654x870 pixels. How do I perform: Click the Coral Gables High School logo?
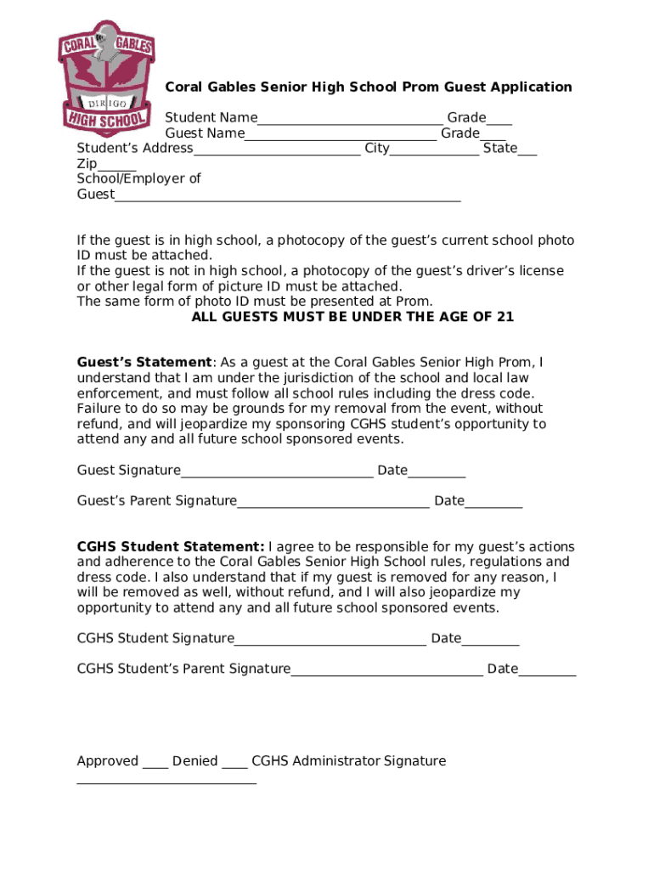coord(105,78)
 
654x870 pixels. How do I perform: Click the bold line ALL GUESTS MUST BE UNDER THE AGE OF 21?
coord(352,317)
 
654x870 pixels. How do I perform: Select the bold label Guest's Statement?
coord(144,363)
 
